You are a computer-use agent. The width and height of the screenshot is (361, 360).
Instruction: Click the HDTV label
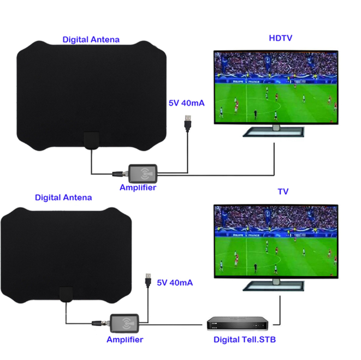[281, 38]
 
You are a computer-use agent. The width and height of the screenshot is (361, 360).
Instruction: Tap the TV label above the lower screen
[282, 191]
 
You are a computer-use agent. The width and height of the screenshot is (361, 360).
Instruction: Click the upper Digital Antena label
[91, 39]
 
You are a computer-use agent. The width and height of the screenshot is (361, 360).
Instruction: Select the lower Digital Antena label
[63, 197]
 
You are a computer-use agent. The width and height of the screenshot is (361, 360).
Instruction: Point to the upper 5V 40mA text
[186, 103]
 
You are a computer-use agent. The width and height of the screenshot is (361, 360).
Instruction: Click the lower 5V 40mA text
[174, 283]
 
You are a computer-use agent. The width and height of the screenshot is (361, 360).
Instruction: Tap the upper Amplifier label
[138, 187]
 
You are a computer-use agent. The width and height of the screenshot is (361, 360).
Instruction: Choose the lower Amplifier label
[125, 339]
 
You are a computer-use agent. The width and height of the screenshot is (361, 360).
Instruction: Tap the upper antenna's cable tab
[91, 140]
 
